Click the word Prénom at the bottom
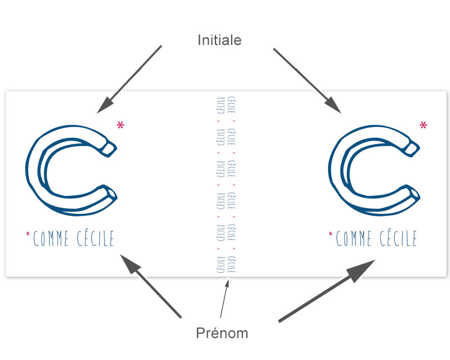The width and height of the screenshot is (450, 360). tap(222, 333)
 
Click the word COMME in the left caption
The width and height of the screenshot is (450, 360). tap(52, 239)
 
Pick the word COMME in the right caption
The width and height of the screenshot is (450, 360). tap(354, 239)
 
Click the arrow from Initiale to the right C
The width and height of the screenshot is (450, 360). tap(306, 78)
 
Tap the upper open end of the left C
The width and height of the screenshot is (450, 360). tap(109, 147)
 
